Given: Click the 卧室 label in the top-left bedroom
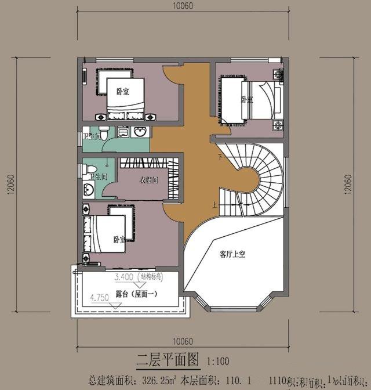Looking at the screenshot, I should click(x=122, y=91).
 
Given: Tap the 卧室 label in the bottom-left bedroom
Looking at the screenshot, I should click(x=119, y=239).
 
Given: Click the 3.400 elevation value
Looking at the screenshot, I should click(x=125, y=276).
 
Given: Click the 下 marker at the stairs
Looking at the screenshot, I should click(x=219, y=157).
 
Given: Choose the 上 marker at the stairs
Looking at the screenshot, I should click(x=214, y=205).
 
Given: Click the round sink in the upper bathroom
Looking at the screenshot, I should click(x=139, y=132).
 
